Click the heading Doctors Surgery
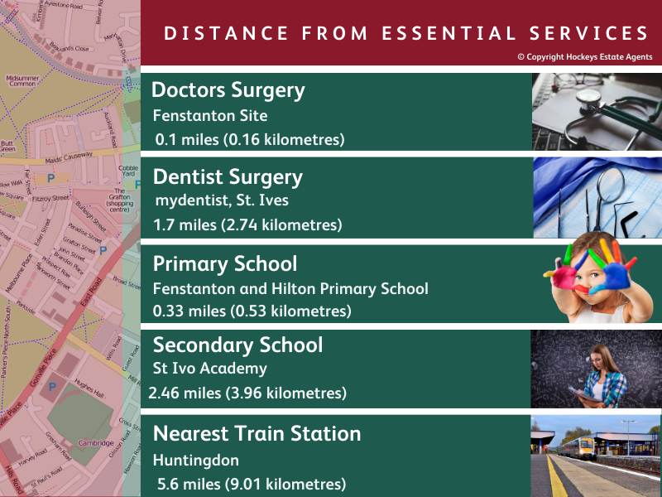(228, 90)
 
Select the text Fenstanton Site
(210, 116)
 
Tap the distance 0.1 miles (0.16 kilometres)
(250, 139)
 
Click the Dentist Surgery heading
(228, 177)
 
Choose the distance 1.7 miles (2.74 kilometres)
(247, 225)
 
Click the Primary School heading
(225, 264)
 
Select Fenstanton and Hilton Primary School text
(290, 289)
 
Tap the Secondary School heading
(237, 345)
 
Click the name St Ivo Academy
(210, 368)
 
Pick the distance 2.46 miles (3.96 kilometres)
(247, 393)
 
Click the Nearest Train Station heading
(257, 434)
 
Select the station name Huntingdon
(196, 459)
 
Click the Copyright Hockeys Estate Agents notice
(584, 57)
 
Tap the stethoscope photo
(596, 111)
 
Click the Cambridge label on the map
(96, 443)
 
